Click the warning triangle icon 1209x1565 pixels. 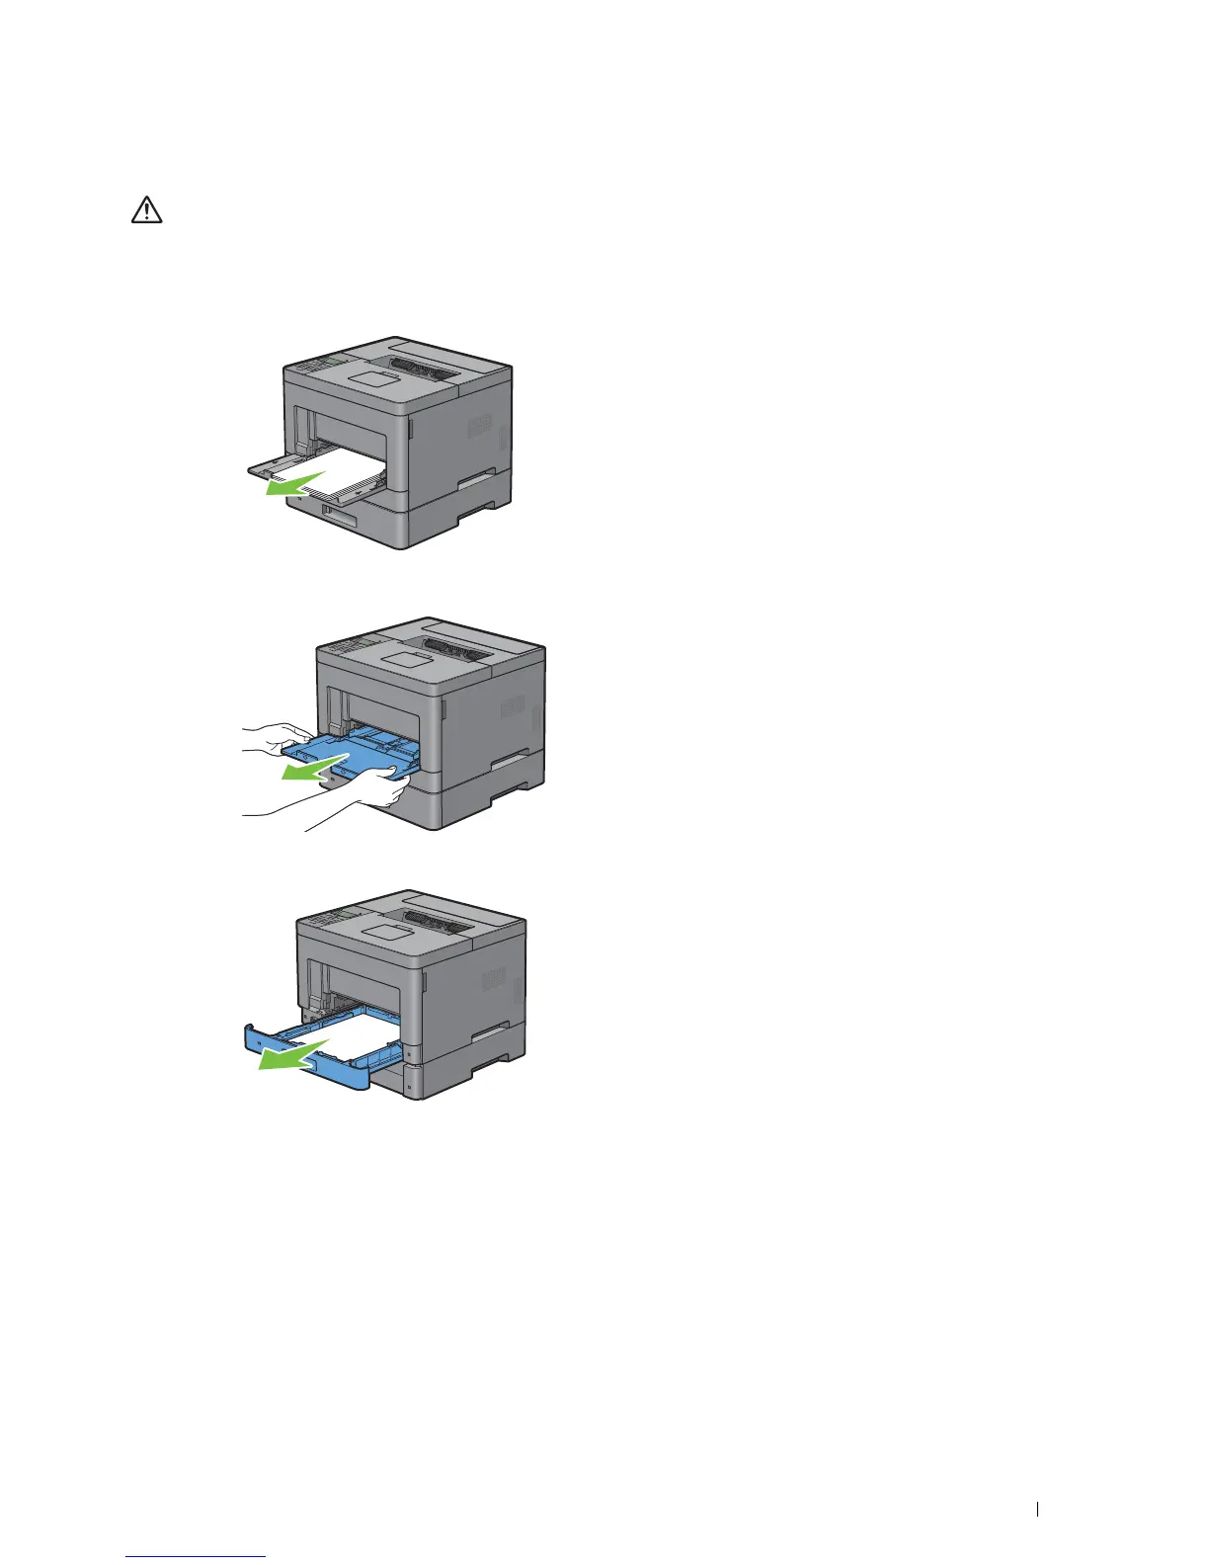147,210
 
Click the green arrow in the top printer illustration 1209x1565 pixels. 295,486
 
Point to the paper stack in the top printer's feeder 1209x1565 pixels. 326,475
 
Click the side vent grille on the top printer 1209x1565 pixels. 479,427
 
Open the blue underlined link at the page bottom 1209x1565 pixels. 197,1558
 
